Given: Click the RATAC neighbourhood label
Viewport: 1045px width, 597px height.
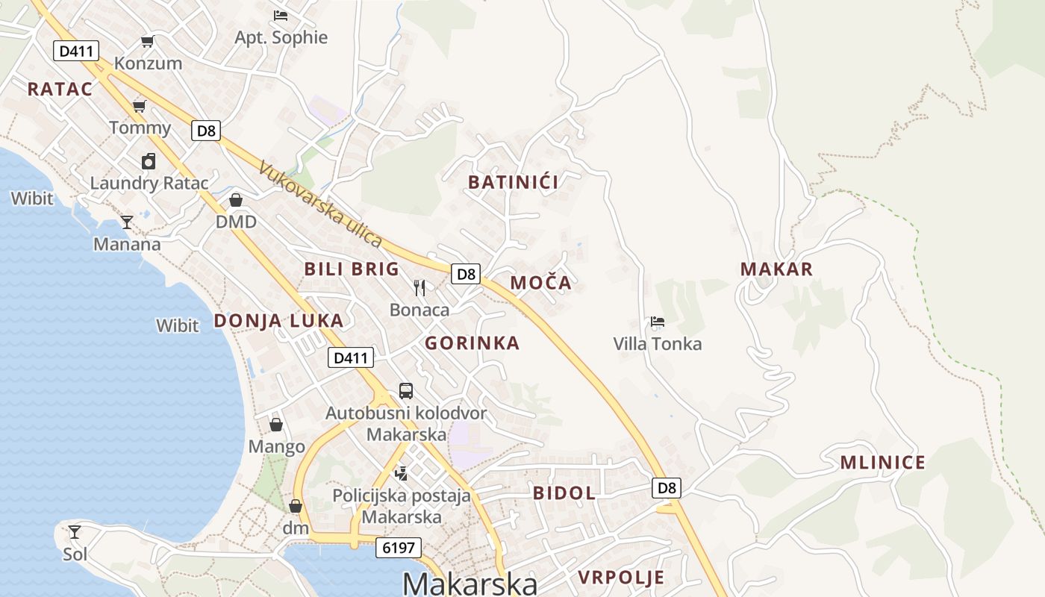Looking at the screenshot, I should [60, 89].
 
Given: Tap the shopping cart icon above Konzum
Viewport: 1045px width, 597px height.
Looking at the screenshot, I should [148, 41].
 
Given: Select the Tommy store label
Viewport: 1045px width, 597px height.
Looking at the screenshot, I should [140, 128].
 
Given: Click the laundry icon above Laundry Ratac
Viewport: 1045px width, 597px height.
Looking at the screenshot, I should [149, 161].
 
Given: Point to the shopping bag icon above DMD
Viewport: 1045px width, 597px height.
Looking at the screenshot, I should [236, 200].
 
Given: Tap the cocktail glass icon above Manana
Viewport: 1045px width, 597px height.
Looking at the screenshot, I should [127, 222].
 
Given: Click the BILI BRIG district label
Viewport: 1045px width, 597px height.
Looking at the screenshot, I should [352, 269].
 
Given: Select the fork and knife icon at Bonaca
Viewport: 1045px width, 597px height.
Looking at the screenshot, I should [419, 287].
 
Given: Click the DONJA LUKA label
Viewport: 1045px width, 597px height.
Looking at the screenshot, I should [279, 321].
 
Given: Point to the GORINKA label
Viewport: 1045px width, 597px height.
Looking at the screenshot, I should [472, 343].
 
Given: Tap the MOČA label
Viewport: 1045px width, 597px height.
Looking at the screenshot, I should [541, 283].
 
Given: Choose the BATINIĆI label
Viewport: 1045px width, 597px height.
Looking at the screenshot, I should [514, 182].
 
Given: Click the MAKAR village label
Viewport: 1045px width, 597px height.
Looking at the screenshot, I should [776, 269].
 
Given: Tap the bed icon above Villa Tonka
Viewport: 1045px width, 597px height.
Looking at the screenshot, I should [657, 322].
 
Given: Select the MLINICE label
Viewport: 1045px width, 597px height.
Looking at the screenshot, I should [883, 463].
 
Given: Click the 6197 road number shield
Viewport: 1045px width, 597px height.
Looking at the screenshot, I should [399, 548].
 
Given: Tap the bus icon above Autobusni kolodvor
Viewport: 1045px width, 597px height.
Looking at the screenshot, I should [406, 390].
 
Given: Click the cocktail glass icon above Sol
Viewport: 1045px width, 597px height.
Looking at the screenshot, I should [75, 531].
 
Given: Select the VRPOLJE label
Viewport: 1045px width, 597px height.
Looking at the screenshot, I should [621, 578].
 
